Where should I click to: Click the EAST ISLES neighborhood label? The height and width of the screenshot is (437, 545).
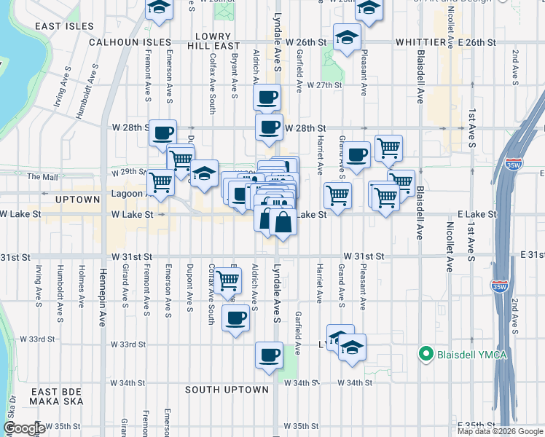pos(65,26)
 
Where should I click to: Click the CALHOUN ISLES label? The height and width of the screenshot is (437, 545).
pos(129,43)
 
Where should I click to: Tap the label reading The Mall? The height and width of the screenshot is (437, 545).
pos(41,177)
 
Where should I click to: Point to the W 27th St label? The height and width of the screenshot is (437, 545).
pos(324,85)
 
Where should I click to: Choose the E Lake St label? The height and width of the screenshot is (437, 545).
pos(477,215)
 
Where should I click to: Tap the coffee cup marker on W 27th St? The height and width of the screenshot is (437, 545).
pos(268,97)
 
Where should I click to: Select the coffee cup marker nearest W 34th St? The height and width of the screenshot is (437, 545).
pos(269,355)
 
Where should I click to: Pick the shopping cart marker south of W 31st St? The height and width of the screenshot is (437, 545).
pos(229,280)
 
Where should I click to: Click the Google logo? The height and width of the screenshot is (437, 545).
pos(23,429)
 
